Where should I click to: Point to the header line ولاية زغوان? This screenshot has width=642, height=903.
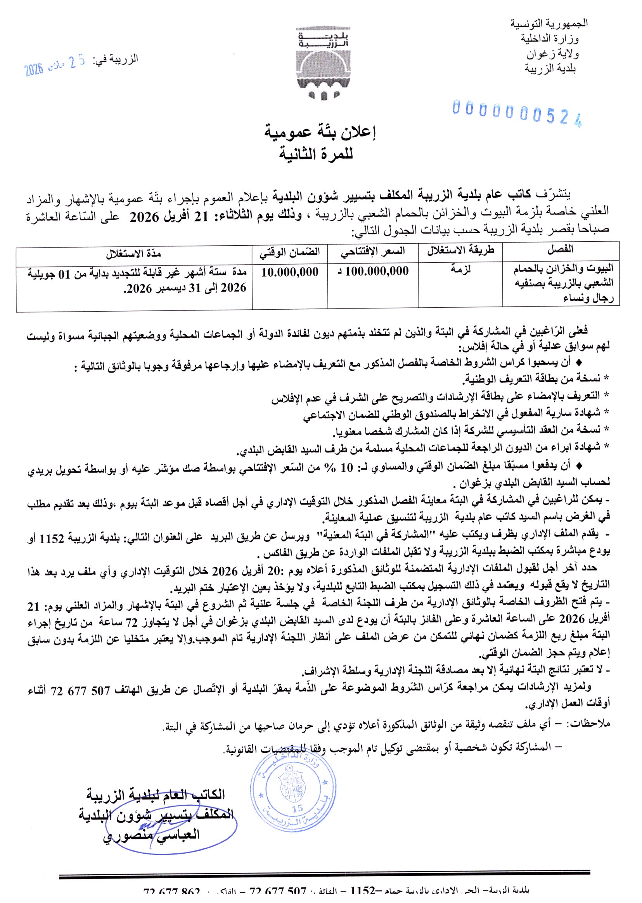click(x=552, y=54)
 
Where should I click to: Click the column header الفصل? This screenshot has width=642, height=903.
click(x=561, y=249)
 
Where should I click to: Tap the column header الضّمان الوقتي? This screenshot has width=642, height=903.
click(x=289, y=251)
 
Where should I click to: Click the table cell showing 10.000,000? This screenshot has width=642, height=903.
click(x=290, y=272)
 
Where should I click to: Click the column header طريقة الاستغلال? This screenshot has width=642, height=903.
click(x=460, y=250)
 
